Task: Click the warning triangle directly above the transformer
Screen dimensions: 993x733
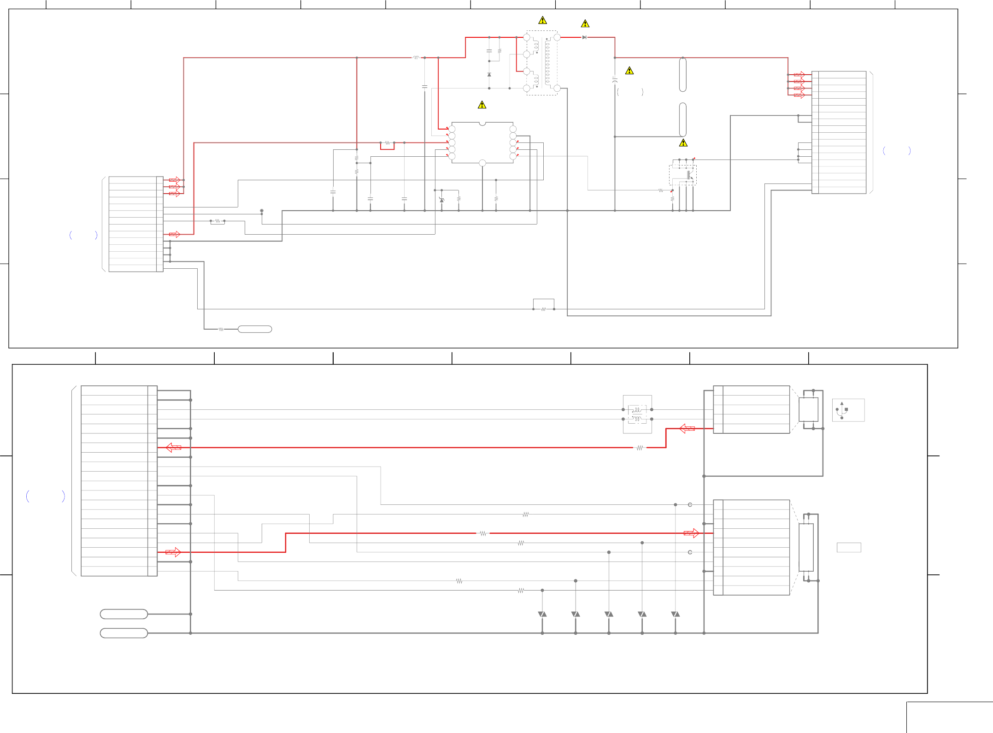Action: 542,20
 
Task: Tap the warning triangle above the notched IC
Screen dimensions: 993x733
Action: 482,105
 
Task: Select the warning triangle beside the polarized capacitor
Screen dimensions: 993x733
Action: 629,71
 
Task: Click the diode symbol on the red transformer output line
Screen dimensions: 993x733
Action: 584,37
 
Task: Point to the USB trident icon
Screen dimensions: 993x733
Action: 842,410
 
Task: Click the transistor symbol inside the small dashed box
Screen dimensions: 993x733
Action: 690,175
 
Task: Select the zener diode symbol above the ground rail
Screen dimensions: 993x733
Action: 441,200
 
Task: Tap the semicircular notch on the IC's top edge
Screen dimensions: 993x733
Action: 482,124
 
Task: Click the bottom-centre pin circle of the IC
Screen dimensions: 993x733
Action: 482,163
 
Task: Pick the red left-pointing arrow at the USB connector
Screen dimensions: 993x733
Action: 687,428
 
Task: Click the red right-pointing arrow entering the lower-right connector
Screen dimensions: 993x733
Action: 691,533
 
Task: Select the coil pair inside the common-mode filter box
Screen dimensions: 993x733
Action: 637,414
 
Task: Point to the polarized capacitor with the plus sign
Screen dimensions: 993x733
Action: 615,80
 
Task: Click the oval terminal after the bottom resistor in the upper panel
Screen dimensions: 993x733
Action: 255,329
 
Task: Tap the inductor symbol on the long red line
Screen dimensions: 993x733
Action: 416,58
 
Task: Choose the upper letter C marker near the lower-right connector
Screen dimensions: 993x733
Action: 690,505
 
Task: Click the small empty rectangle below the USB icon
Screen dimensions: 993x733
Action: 849,548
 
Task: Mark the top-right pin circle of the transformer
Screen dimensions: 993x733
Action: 557,37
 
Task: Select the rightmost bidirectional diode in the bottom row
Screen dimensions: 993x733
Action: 675,614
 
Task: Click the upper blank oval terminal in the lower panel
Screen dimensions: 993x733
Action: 124,614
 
